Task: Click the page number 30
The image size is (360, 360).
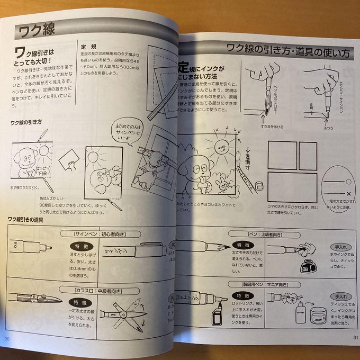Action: tap(7, 339)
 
